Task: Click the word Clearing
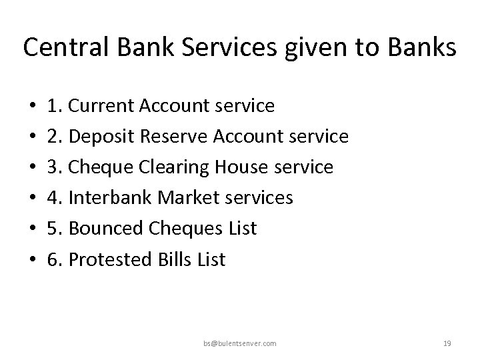coord(178,167)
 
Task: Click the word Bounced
coord(104,229)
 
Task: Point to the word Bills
coord(174,259)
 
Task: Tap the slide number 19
coord(447,343)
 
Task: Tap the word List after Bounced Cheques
coord(242,229)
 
